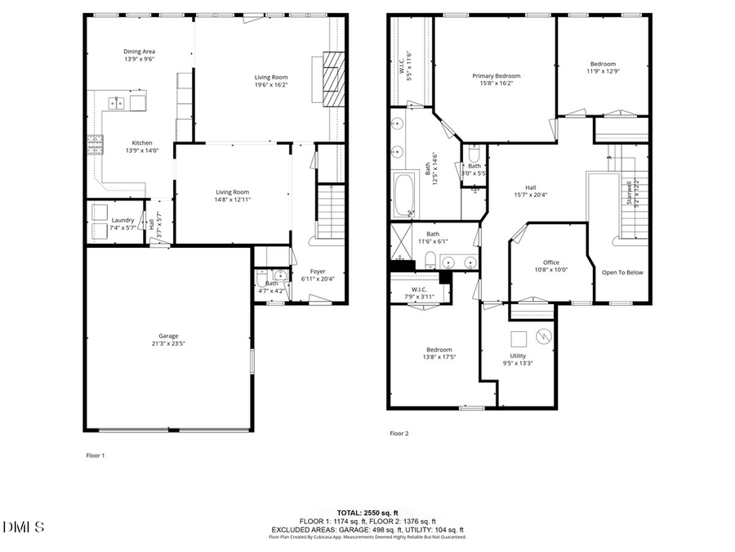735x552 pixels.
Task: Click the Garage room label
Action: click(168, 336)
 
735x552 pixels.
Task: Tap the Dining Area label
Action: click(139, 51)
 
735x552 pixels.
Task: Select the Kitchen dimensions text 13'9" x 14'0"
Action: click(139, 150)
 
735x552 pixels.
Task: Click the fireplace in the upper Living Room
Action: click(332, 76)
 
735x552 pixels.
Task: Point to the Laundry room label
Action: click(123, 219)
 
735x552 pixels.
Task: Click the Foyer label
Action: click(317, 271)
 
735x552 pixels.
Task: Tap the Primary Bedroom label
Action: click(496, 75)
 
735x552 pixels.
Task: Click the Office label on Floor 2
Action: click(551, 262)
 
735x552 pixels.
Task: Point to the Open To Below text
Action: click(622, 272)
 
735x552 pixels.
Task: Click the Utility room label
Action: click(518, 356)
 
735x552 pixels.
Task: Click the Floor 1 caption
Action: click(96, 455)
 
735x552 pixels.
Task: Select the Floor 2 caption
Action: click(399, 433)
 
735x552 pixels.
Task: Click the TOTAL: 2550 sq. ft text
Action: click(367, 513)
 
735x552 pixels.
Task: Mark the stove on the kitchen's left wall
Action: click(93, 146)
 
